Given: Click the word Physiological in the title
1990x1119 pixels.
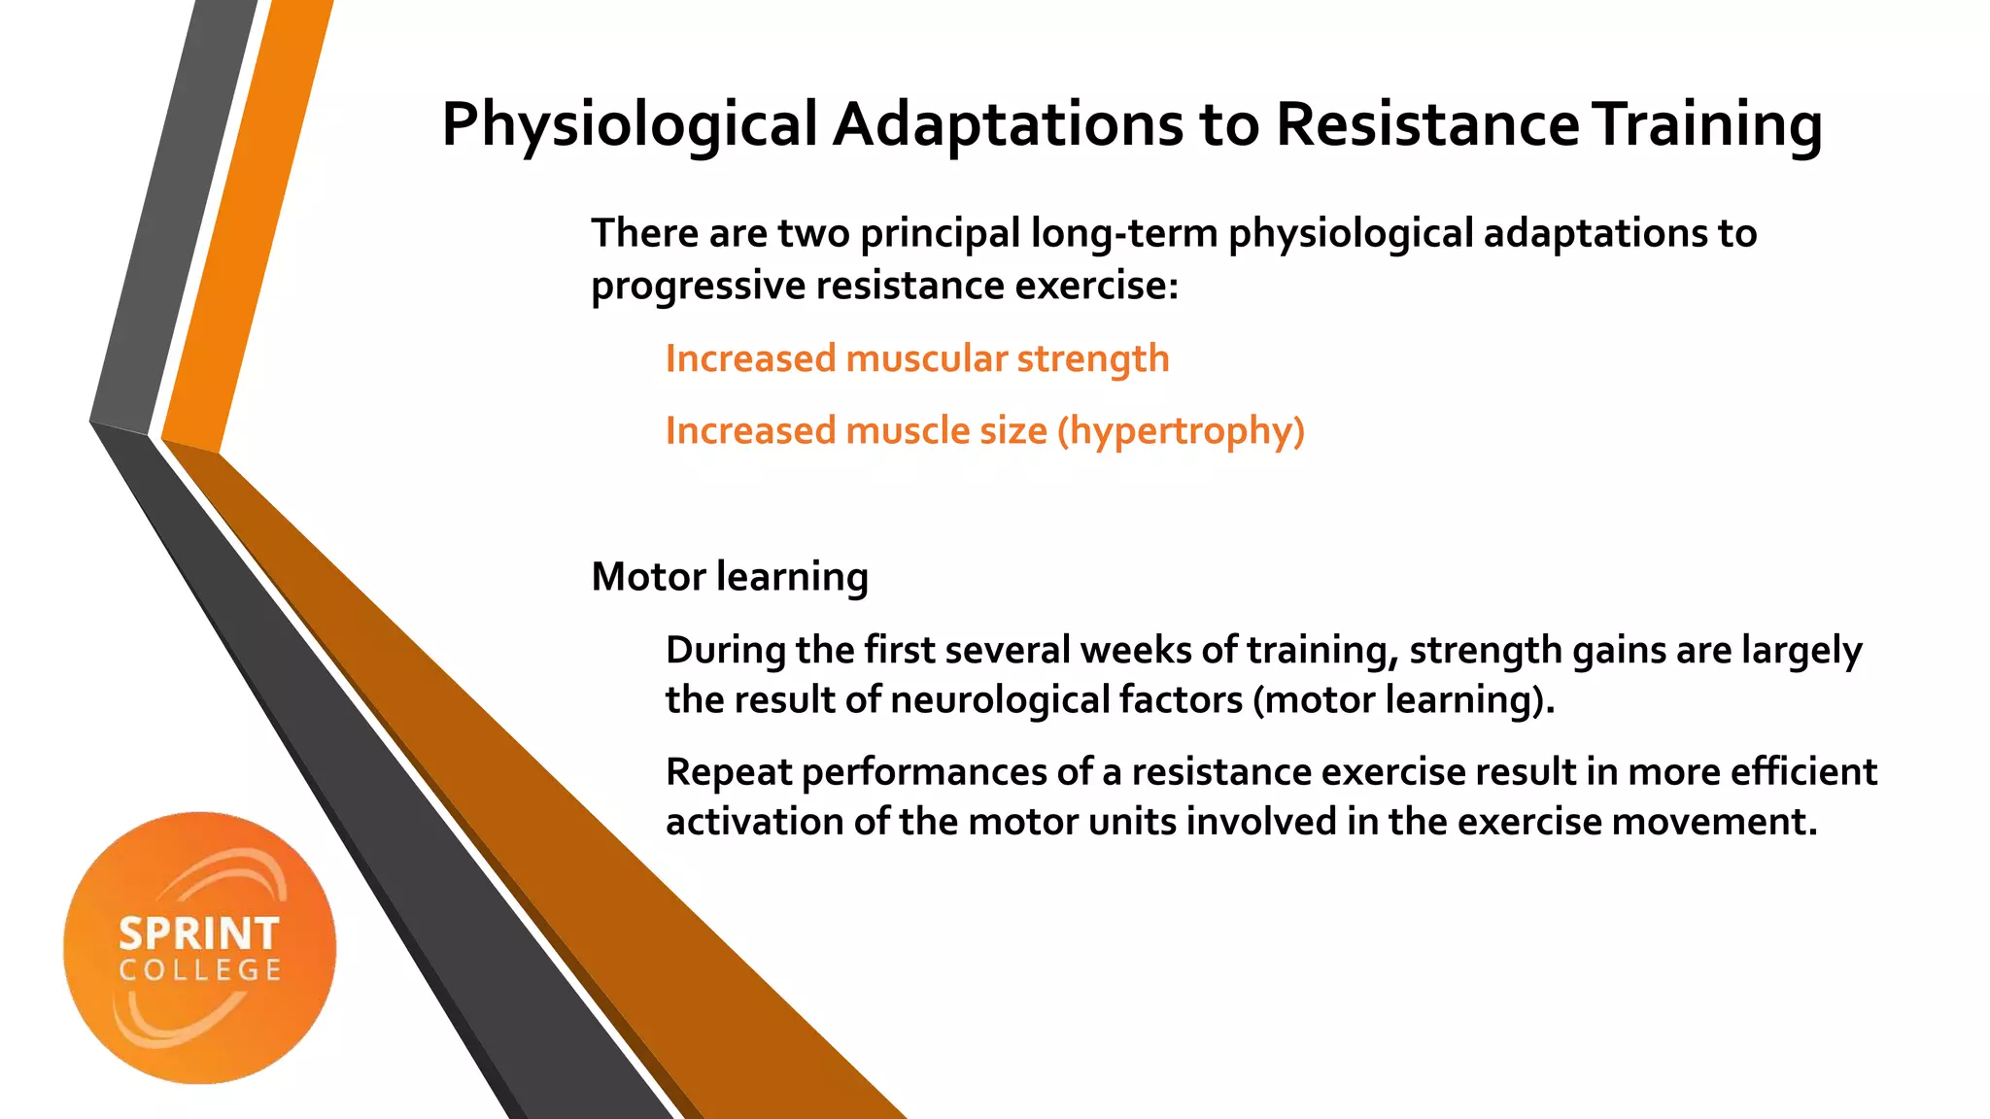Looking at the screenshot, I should click(630, 126).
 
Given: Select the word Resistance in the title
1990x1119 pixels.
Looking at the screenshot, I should click(1427, 126).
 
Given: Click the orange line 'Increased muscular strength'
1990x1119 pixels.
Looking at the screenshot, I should click(916, 359).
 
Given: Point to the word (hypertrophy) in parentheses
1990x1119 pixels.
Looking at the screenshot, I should click(1181, 431).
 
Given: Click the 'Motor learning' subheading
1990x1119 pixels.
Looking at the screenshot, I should click(729, 577).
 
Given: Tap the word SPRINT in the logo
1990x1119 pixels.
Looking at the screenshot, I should click(199, 934).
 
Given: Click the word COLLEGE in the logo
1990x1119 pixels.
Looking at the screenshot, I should click(200, 970).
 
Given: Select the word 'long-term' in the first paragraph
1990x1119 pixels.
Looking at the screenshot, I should click(1124, 234).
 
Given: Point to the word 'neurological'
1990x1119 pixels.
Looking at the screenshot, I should click(1003, 700).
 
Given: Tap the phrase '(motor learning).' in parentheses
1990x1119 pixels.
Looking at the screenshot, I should click(1404, 700).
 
